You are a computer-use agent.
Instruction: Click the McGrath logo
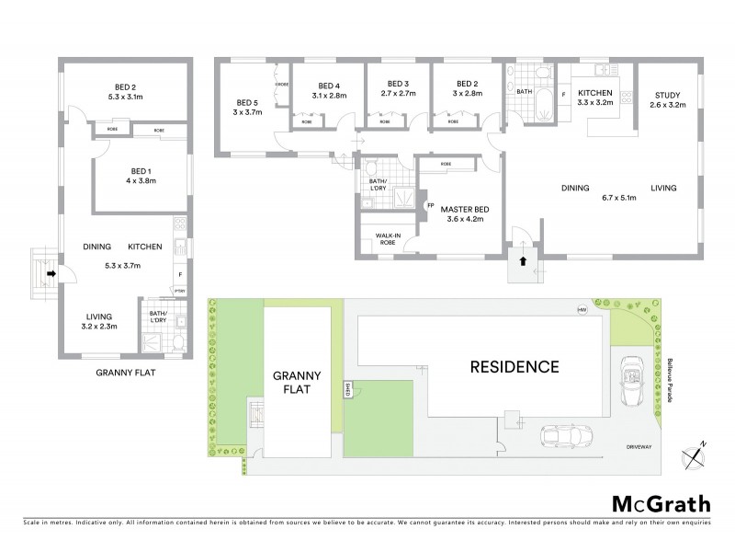(x=660, y=503)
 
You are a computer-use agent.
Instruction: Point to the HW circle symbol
(x=581, y=309)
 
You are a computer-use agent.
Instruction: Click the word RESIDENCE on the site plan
(x=514, y=366)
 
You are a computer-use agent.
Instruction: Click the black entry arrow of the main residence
(x=524, y=260)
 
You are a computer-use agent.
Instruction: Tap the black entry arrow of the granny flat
(x=52, y=272)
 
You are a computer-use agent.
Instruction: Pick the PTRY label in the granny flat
(x=180, y=292)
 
